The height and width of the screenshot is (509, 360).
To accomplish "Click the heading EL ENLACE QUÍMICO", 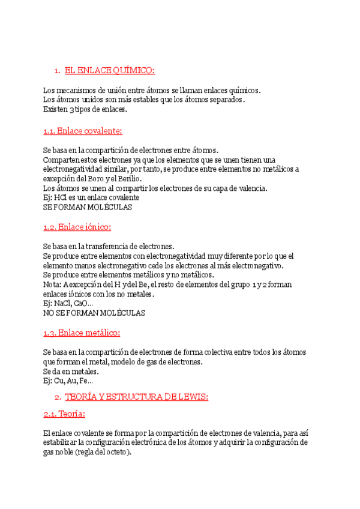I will pyautogui.click(x=109, y=71).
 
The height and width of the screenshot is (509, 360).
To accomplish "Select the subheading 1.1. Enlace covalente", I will pyautogui.click(x=83, y=131).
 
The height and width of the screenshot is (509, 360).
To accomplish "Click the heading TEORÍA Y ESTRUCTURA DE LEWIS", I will pyautogui.click(x=136, y=397).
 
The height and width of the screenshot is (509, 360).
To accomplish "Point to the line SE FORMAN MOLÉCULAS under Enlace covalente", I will pyautogui.click(x=88, y=207).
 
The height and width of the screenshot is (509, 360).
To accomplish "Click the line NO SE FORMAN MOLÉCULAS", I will pyautogui.click(x=94, y=313).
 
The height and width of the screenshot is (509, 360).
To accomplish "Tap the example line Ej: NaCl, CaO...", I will pyautogui.click(x=68, y=304).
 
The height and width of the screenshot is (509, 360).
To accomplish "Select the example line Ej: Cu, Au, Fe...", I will pyautogui.click(x=68, y=381).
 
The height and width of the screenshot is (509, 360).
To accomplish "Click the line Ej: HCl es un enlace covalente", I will pyautogui.click(x=91, y=197).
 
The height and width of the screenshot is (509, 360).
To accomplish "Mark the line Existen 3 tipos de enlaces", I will pyautogui.click(x=85, y=110).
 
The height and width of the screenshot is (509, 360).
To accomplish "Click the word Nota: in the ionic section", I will pyautogui.click(x=53, y=285).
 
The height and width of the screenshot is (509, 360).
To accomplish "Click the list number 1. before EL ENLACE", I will pyautogui.click(x=57, y=71).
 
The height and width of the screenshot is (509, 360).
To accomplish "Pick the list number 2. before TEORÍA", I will pyautogui.click(x=57, y=397).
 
